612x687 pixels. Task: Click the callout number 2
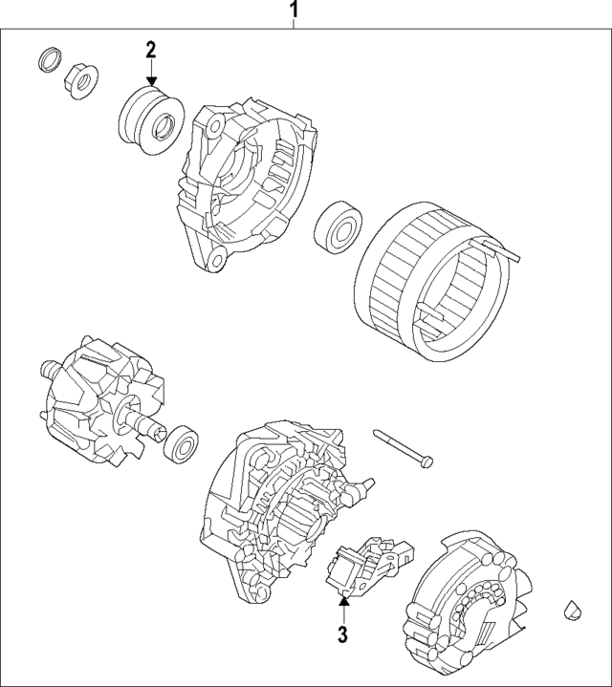[150, 48]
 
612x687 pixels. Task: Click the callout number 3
[341, 633]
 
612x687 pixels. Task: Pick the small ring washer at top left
[47, 60]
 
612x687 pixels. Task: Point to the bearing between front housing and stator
[337, 227]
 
